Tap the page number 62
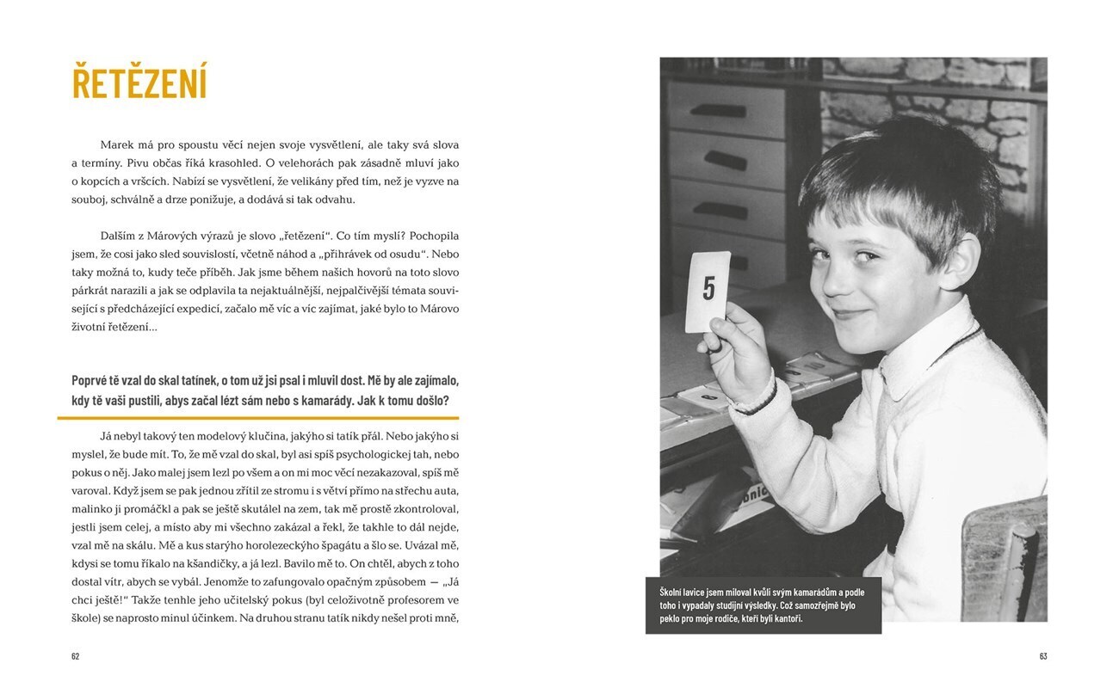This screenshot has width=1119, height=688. click(75, 656)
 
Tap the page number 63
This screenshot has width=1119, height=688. click(1042, 656)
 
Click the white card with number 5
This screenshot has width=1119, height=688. click(708, 292)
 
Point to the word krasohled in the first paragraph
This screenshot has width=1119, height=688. click(221, 163)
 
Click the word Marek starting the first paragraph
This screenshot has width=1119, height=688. click(117, 144)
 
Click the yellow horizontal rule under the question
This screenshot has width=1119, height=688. click(258, 418)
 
